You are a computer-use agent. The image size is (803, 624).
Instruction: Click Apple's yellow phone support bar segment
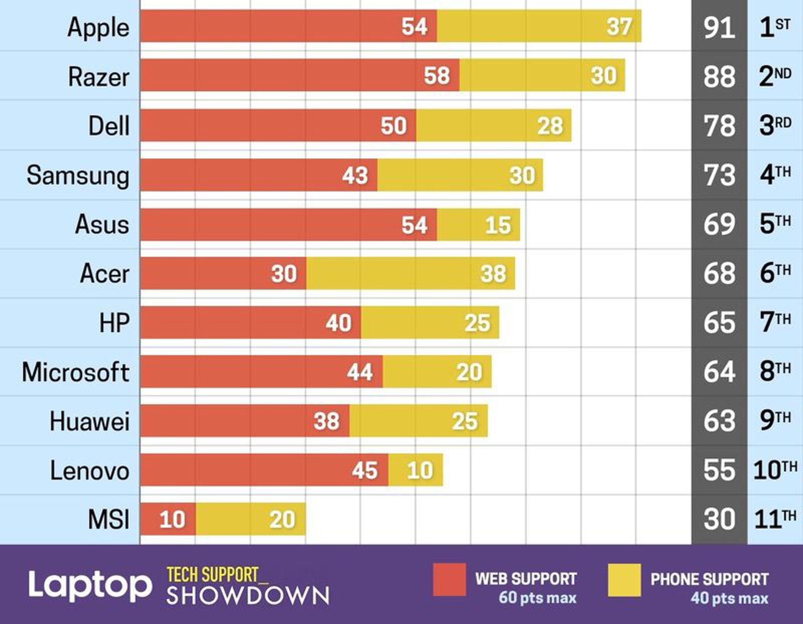(x=539, y=26)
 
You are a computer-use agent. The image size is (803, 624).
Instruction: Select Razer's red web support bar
(x=300, y=75)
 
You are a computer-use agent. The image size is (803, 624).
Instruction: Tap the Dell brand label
(x=108, y=125)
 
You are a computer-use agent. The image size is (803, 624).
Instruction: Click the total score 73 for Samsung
(x=719, y=175)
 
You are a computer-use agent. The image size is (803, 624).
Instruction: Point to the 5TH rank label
(x=774, y=224)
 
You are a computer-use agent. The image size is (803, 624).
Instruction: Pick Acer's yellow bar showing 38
(x=411, y=273)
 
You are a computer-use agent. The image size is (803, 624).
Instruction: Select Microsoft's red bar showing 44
(x=261, y=372)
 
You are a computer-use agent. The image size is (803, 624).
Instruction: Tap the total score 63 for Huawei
(x=719, y=421)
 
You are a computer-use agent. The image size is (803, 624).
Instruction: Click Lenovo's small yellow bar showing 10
(x=416, y=470)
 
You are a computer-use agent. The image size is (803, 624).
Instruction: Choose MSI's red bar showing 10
(x=168, y=519)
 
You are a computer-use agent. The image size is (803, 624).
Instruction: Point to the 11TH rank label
(x=774, y=519)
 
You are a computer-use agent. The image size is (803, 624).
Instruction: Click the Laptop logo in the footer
(x=89, y=585)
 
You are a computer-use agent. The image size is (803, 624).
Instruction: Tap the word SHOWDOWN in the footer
(x=247, y=595)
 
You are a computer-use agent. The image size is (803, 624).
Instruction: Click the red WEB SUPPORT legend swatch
(x=449, y=580)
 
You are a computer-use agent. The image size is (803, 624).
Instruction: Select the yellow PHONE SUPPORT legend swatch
(x=624, y=580)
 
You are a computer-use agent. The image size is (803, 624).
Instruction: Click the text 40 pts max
(x=729, y=598)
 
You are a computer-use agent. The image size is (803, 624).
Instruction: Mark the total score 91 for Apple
(x=719, y=27)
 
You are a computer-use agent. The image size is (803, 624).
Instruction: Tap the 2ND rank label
(x=774, y=76)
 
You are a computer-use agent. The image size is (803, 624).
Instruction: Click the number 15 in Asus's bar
(x=497, y=225)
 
